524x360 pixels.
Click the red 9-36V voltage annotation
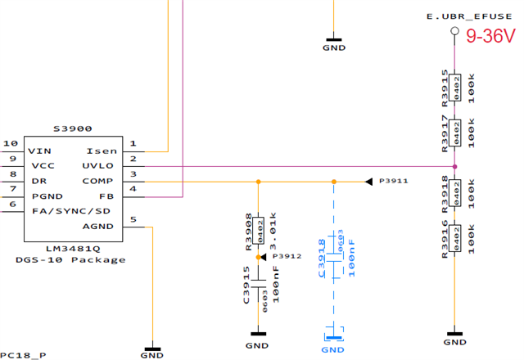click(490, 37)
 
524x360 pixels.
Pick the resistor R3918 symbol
click(455, 191)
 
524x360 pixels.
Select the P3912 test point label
click(288, 256)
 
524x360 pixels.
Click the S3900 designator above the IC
click(72, 128)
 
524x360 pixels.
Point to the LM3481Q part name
click(72, 247)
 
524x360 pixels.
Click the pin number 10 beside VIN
click(11, 143)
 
